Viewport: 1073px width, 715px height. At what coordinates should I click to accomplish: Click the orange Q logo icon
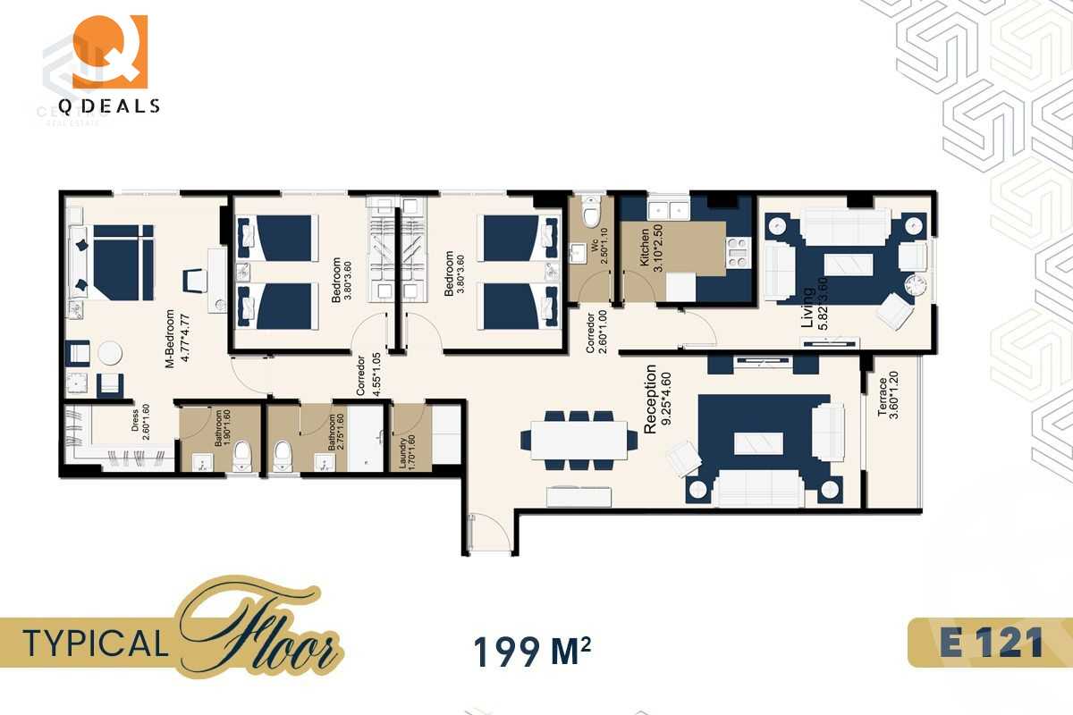[x=109, y=51]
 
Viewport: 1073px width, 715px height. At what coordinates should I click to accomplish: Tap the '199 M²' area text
[x=531, y=652]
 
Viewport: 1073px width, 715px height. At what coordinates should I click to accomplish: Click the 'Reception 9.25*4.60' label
[x=657, y=399]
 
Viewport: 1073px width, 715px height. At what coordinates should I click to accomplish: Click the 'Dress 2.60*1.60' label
[x=139, y=427]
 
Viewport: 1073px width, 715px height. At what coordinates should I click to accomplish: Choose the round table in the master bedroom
[x=110, y=353]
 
